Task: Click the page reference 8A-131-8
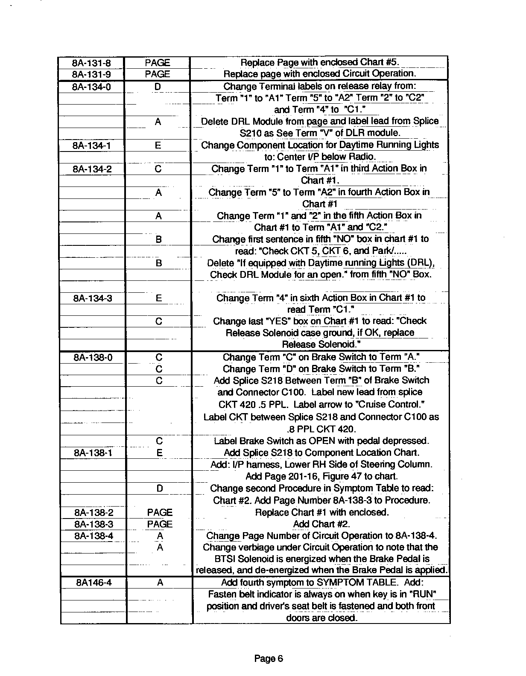pyautogui.click(x=91, y=63)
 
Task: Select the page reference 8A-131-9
pyautogui.click(x=91, y=75)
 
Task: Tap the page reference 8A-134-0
pyautogui.click(x=91, y=87)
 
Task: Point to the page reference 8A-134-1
pyautogui.click(x=92, y=146)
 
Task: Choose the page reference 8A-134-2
pyautogui.click(x=92, y=169)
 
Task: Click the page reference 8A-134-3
pyautogui.click(x=93, y=298)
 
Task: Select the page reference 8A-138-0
pyautogui.click(x=93, y=357)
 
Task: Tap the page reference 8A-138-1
pyautogui.click(x=93, y=453)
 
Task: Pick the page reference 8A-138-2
pyautogui.click(x=94, y=513)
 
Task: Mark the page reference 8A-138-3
pyautogui.click(x=94, y=524)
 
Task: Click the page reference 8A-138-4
pyautogui.click(x=94, y=536)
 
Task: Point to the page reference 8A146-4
pyautogui.click(x=94, y=583)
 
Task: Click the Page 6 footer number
pyautogui.click(x=269, y=659)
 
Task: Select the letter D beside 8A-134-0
pyautogui.click(x=158, y=87)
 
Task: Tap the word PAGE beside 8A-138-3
pyautogui.click(x=160, y=524)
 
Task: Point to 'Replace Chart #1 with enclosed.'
pyautogui.click(x=321, y=513)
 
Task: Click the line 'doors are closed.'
pyautogui.click(x=321, y=618)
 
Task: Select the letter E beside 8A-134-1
pyautogui.click(x=158, y=146)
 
